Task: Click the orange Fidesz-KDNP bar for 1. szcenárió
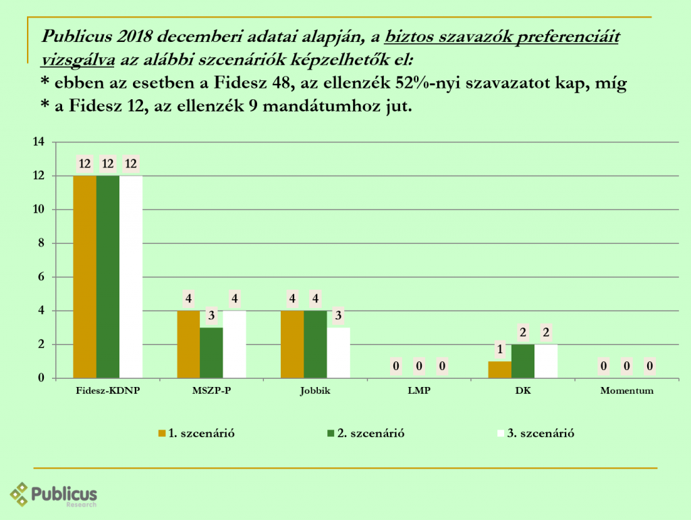tap(84, 277)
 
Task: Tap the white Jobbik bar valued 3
tap(338, 353)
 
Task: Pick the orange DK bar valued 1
tap(500, 369)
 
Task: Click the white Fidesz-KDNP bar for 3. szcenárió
tap(131, 277)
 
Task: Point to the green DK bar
tap(523, 361)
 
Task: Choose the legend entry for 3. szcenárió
tap(536, 434)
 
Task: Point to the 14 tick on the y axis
tap(38, 142)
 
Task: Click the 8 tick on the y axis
tap(41, 243)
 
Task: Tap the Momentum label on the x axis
tap(627, 391)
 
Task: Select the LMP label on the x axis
tap(419, 391)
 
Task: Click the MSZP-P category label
tap(211, 391)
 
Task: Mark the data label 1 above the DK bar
tap(500, 350)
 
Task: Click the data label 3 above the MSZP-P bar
tap(211, 316)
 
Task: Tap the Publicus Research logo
tap(54, 495)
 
